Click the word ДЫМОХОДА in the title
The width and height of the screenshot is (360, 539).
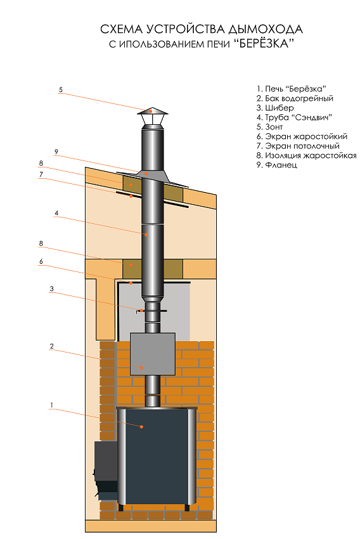point(266,29)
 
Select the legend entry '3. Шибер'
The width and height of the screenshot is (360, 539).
point(275,108)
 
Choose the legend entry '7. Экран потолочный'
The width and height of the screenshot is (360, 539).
point(298,146)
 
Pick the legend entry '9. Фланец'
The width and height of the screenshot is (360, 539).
point(276,165)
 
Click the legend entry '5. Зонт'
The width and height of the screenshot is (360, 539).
point(269,127)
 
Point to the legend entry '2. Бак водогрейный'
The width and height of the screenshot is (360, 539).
point(295,99)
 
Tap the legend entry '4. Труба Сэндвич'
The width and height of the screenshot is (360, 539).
point(294,117)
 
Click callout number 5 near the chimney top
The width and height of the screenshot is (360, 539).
point(61,89)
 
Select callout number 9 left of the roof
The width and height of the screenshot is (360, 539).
point(56,152)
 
